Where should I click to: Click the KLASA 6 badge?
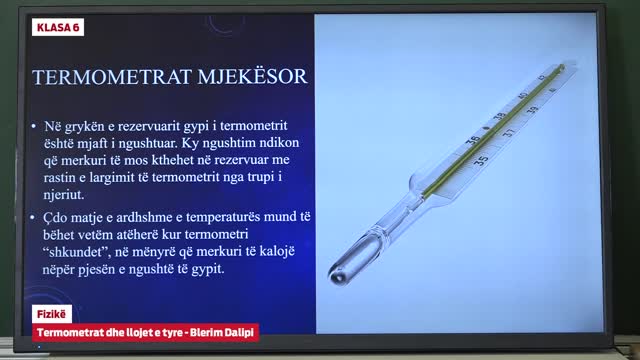[58, 27]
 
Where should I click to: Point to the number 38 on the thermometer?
[499, 116]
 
